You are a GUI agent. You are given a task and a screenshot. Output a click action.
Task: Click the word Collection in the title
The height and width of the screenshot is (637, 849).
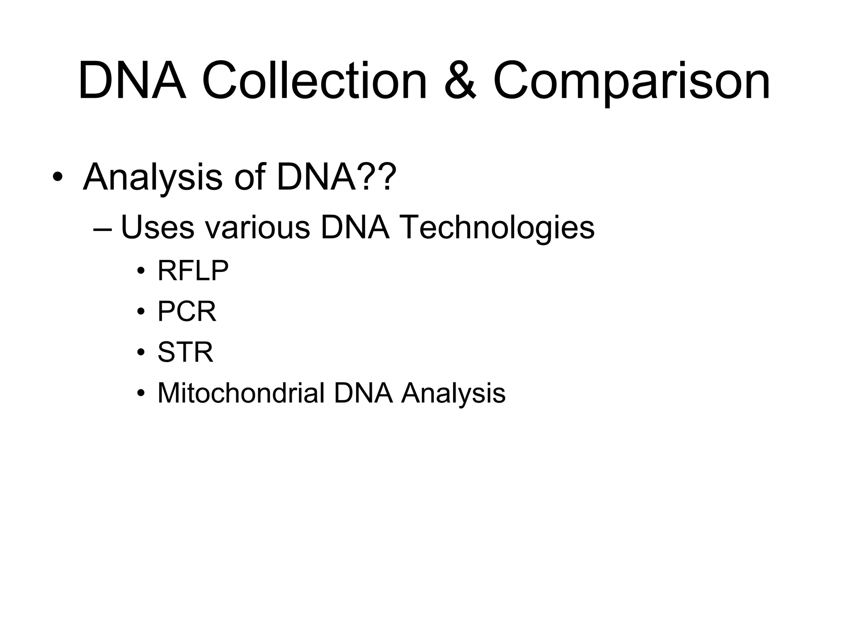pos(315,81)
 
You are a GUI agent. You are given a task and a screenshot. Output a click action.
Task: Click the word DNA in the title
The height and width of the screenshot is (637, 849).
pos(132,81)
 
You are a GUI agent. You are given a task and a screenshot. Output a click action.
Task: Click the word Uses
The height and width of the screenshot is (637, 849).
pos(157,228)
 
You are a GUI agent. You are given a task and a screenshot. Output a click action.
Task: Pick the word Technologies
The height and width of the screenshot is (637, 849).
pos(497,228)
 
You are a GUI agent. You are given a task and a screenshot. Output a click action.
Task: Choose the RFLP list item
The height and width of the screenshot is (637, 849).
pos(193,271)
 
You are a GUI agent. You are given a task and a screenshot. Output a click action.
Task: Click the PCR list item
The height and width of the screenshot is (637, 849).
pos(187,312)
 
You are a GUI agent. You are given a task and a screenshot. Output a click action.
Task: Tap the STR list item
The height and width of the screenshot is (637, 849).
pos(185,353)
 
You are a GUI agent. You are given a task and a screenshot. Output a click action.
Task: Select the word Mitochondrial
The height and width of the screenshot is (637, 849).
pos(241,393)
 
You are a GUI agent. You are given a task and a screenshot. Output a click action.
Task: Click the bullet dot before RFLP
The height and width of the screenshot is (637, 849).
pos(141,272)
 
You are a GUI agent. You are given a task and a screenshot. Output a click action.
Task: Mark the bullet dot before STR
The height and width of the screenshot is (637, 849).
pos(141,353)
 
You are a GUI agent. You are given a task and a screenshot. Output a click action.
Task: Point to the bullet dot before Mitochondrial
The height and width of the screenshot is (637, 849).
pos(141,394)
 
